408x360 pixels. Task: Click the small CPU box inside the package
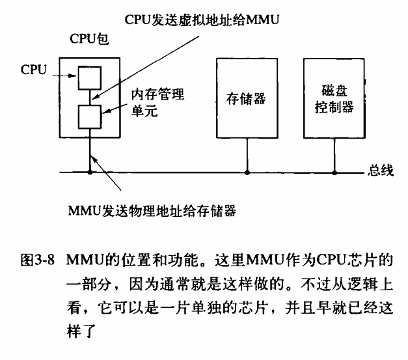[88, 78]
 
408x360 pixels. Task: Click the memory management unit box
[88, 118]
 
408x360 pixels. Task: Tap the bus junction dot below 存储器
[247, 173]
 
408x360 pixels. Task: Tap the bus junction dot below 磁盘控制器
[335, 173]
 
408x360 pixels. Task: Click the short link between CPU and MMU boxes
[88, 98]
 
